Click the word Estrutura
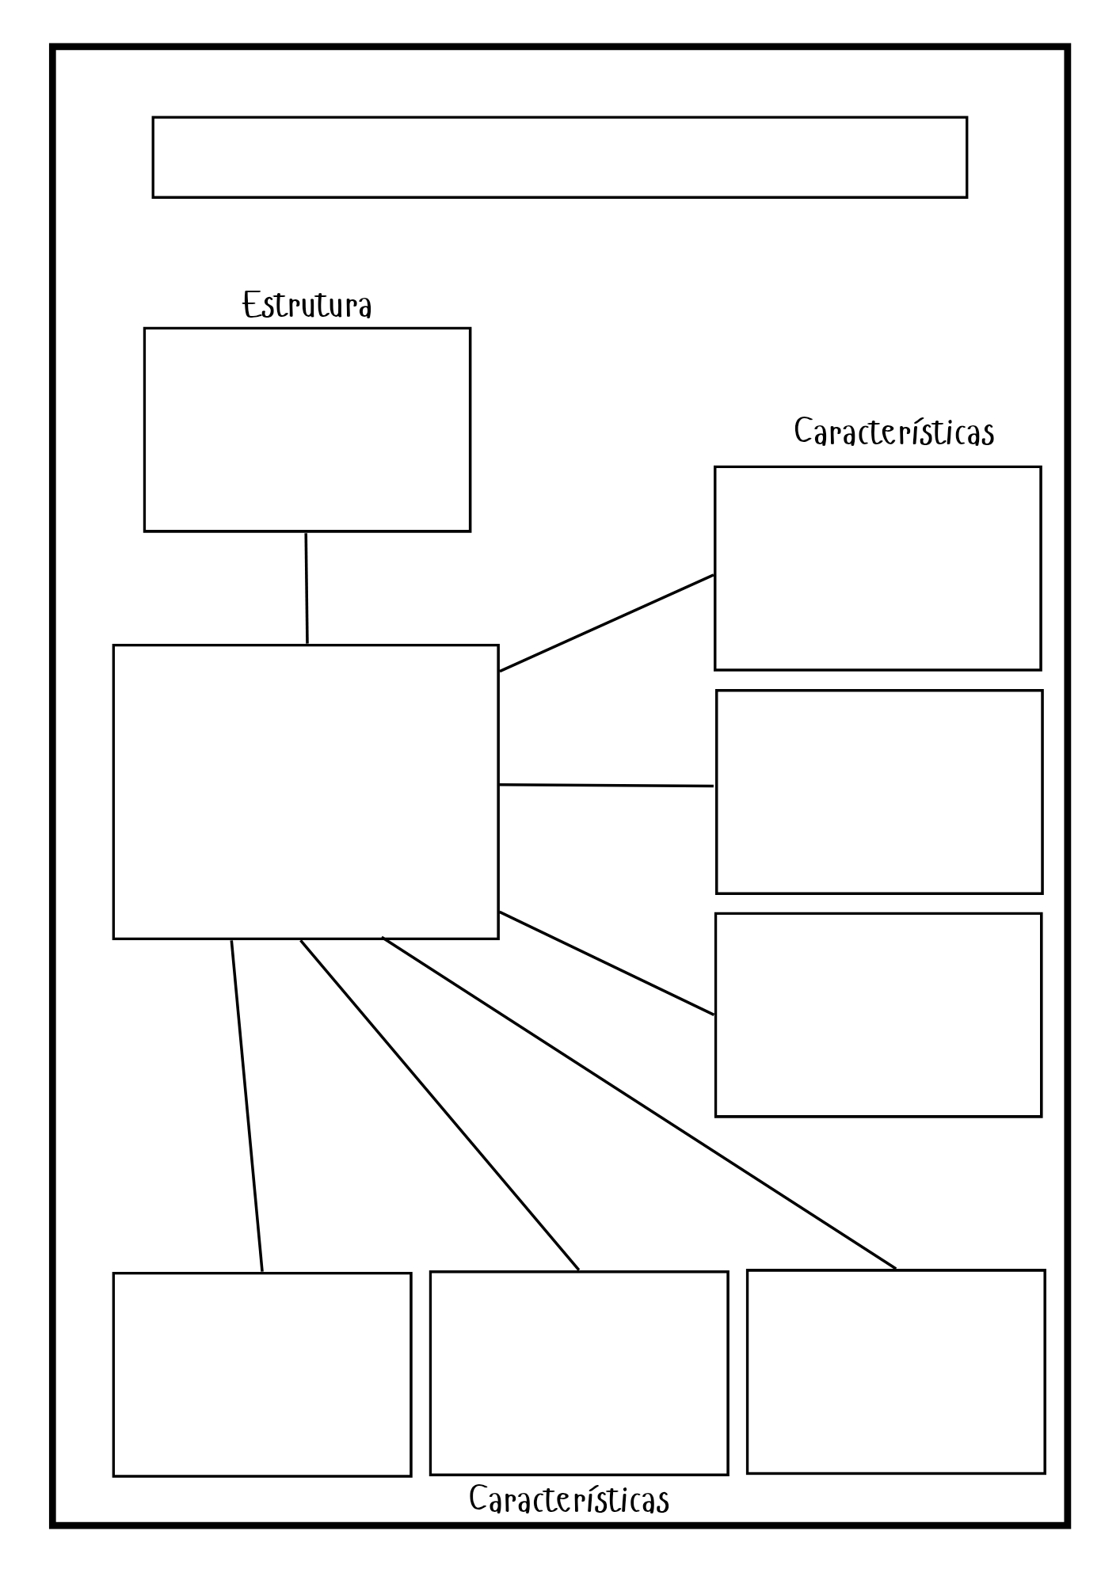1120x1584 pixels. [x=307, y=306]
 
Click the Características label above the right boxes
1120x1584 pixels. [x=893, y=432]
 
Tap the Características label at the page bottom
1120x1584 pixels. [x=569, y=1499]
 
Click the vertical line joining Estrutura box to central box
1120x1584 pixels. [x=307, y=588]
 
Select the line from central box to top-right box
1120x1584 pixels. [x=607, y=623]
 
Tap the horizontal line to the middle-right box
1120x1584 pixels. [x=607, y=786]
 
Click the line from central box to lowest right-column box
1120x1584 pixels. [x=607, y=963]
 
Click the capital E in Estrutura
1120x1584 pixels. [x=251, y=306]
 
